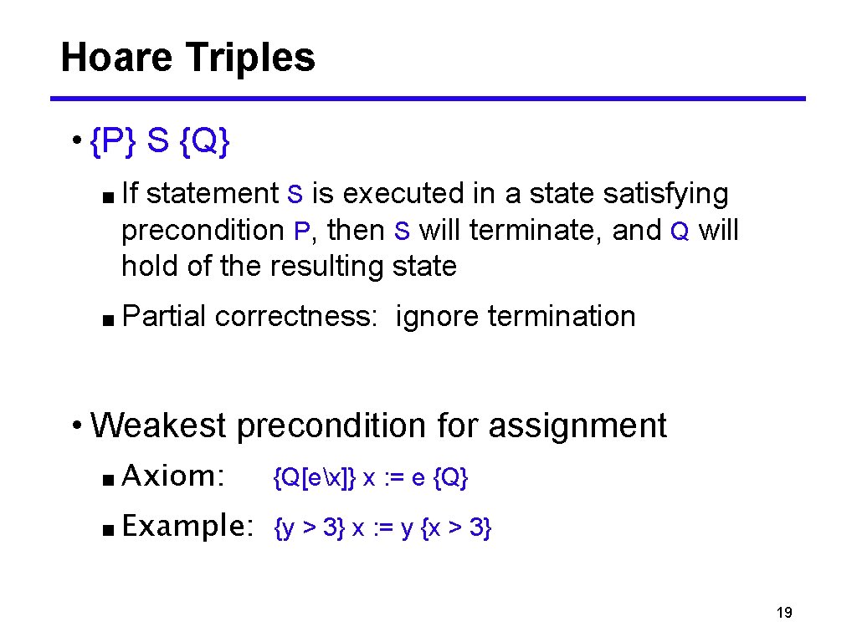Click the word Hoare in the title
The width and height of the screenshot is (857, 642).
tap(116, 59)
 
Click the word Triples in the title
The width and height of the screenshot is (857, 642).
tap(250, 59)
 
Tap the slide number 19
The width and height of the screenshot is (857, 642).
tap(784, 614)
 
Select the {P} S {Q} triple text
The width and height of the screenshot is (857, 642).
tap(159, 143)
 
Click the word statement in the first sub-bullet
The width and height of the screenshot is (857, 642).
tap(212, 194)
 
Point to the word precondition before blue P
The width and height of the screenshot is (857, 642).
tap(203, 230)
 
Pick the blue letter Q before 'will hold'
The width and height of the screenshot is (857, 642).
tap(680, 231)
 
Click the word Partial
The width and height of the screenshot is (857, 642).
tap(164, 317)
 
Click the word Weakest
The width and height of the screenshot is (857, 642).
tap(158, 425)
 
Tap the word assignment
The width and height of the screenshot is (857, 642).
tap(577, 426)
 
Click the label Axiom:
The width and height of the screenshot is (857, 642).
tap(173, 476)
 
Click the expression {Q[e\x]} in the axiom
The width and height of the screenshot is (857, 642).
tap(316, 478)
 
